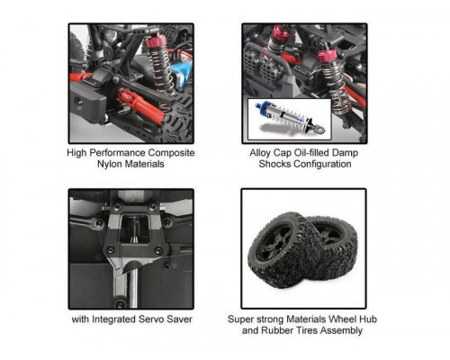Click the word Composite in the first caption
pos(171,153)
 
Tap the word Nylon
pos(110,164)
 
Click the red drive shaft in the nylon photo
pos(141,104)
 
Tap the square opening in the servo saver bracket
pos(135,228)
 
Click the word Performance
pos(118,153)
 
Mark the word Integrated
pos(115,319)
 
